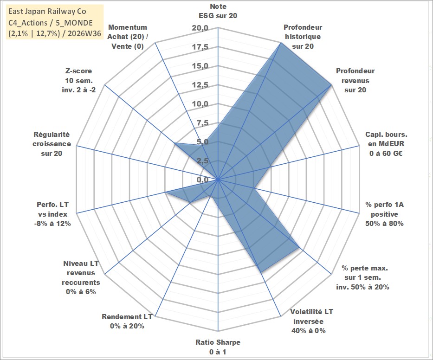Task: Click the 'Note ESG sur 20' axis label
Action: tap(218, 11)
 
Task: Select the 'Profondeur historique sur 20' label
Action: tap(303, 37)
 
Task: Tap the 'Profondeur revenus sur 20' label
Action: tap(355, 80)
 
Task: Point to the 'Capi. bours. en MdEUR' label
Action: tap(386, 139)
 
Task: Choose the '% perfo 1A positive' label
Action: tap(384, 209)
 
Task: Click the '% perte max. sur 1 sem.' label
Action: tap(364, 272)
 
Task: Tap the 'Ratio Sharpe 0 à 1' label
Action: tap(218, 347)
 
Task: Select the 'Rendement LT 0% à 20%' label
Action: tap(127, 321)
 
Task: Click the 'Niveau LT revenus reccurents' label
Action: tap(81, 273)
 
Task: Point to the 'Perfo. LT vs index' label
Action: tap(52, 209)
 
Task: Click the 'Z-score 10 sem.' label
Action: tap(79, 76)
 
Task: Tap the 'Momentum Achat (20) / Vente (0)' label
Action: tap(128, 37)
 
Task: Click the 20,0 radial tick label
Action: tap(200, 28)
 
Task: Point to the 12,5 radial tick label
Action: tap(200, 85)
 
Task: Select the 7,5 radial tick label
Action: tap(202, 123)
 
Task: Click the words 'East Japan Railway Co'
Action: tap(47, 11)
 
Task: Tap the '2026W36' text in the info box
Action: tap(84, 33)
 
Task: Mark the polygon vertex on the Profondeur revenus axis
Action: tap(331, 85)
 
